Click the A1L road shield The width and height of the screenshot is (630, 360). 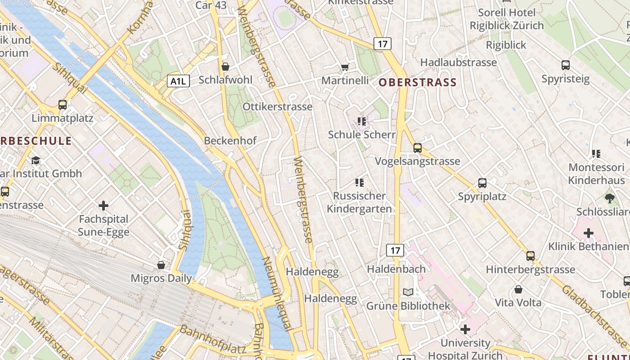coord(178,81)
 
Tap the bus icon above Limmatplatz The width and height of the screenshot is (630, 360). coord(63,105)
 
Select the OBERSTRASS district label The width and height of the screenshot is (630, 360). coord(418,82)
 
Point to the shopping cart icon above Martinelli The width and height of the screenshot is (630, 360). coord(345,67)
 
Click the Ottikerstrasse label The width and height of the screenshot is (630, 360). coord(277,107)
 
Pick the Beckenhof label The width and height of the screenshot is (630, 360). coord(230,140)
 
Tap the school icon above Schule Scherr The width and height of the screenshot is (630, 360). coord(362,121)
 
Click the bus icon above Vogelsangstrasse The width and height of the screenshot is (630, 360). coord(418,148)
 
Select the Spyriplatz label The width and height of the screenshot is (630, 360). coord(482,197)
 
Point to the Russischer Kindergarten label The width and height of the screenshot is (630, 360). coord(359,202)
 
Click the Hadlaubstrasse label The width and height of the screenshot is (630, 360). coord(459,62)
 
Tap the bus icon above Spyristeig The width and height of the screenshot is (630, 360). coord(566,65)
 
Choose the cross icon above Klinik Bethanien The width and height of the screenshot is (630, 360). coord(589,233)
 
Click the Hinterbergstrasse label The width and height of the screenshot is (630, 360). coord(531,270)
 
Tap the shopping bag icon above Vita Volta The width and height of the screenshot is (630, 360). coord(518,289)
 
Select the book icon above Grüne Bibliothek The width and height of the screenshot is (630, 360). coord(408,292)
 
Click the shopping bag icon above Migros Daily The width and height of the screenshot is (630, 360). coord(161,265)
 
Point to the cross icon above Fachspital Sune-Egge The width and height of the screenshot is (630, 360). coord(103,206)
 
